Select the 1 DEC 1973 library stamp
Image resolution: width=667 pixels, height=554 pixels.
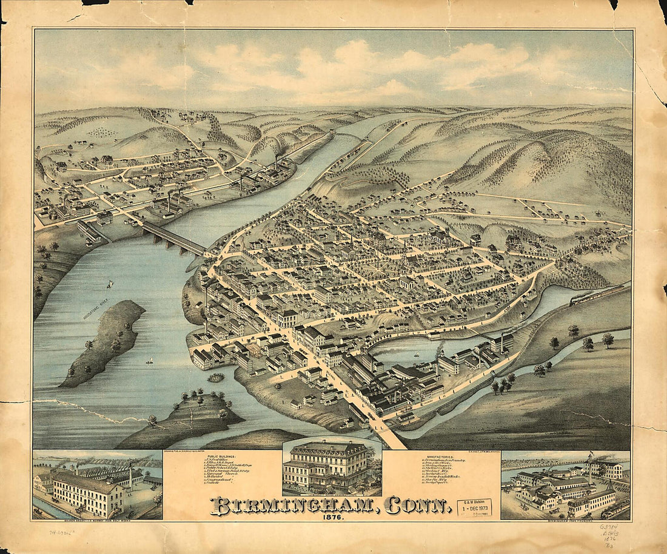tap(474, 507)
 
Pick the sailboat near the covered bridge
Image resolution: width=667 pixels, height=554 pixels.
tap(110, 284)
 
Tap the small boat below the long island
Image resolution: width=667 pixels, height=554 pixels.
tap(149, 361)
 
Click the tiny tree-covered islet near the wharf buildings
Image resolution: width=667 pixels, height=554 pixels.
tap(215, 378)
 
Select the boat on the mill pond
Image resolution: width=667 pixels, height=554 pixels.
tap(416, 355)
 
